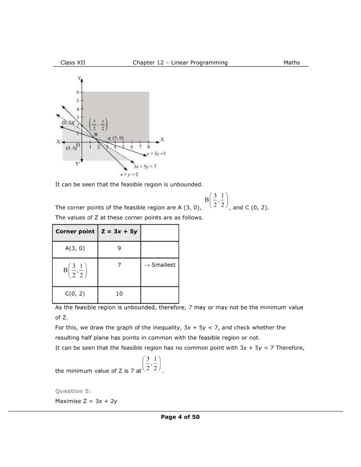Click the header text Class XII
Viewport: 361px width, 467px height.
pos(73,62)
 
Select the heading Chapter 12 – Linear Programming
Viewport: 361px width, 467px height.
pos(180,62)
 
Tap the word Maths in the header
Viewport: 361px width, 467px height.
pos(292,62)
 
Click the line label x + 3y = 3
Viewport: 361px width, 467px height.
pos(156,154)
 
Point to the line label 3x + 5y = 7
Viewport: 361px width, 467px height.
pos(145,166)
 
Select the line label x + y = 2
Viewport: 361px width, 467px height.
pos(129,174)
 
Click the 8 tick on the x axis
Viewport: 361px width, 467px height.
pos(148,147)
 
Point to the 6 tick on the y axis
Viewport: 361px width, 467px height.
pos(78,93)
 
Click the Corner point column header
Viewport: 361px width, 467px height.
pos(75,232)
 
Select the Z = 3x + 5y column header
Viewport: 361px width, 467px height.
pos(119,232)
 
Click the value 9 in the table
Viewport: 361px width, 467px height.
pos(119,249)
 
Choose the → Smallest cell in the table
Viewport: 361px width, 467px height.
pos(159,265)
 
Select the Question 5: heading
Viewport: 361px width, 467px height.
pos(73,391)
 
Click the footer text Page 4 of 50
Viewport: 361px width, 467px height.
pos(180,417)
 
